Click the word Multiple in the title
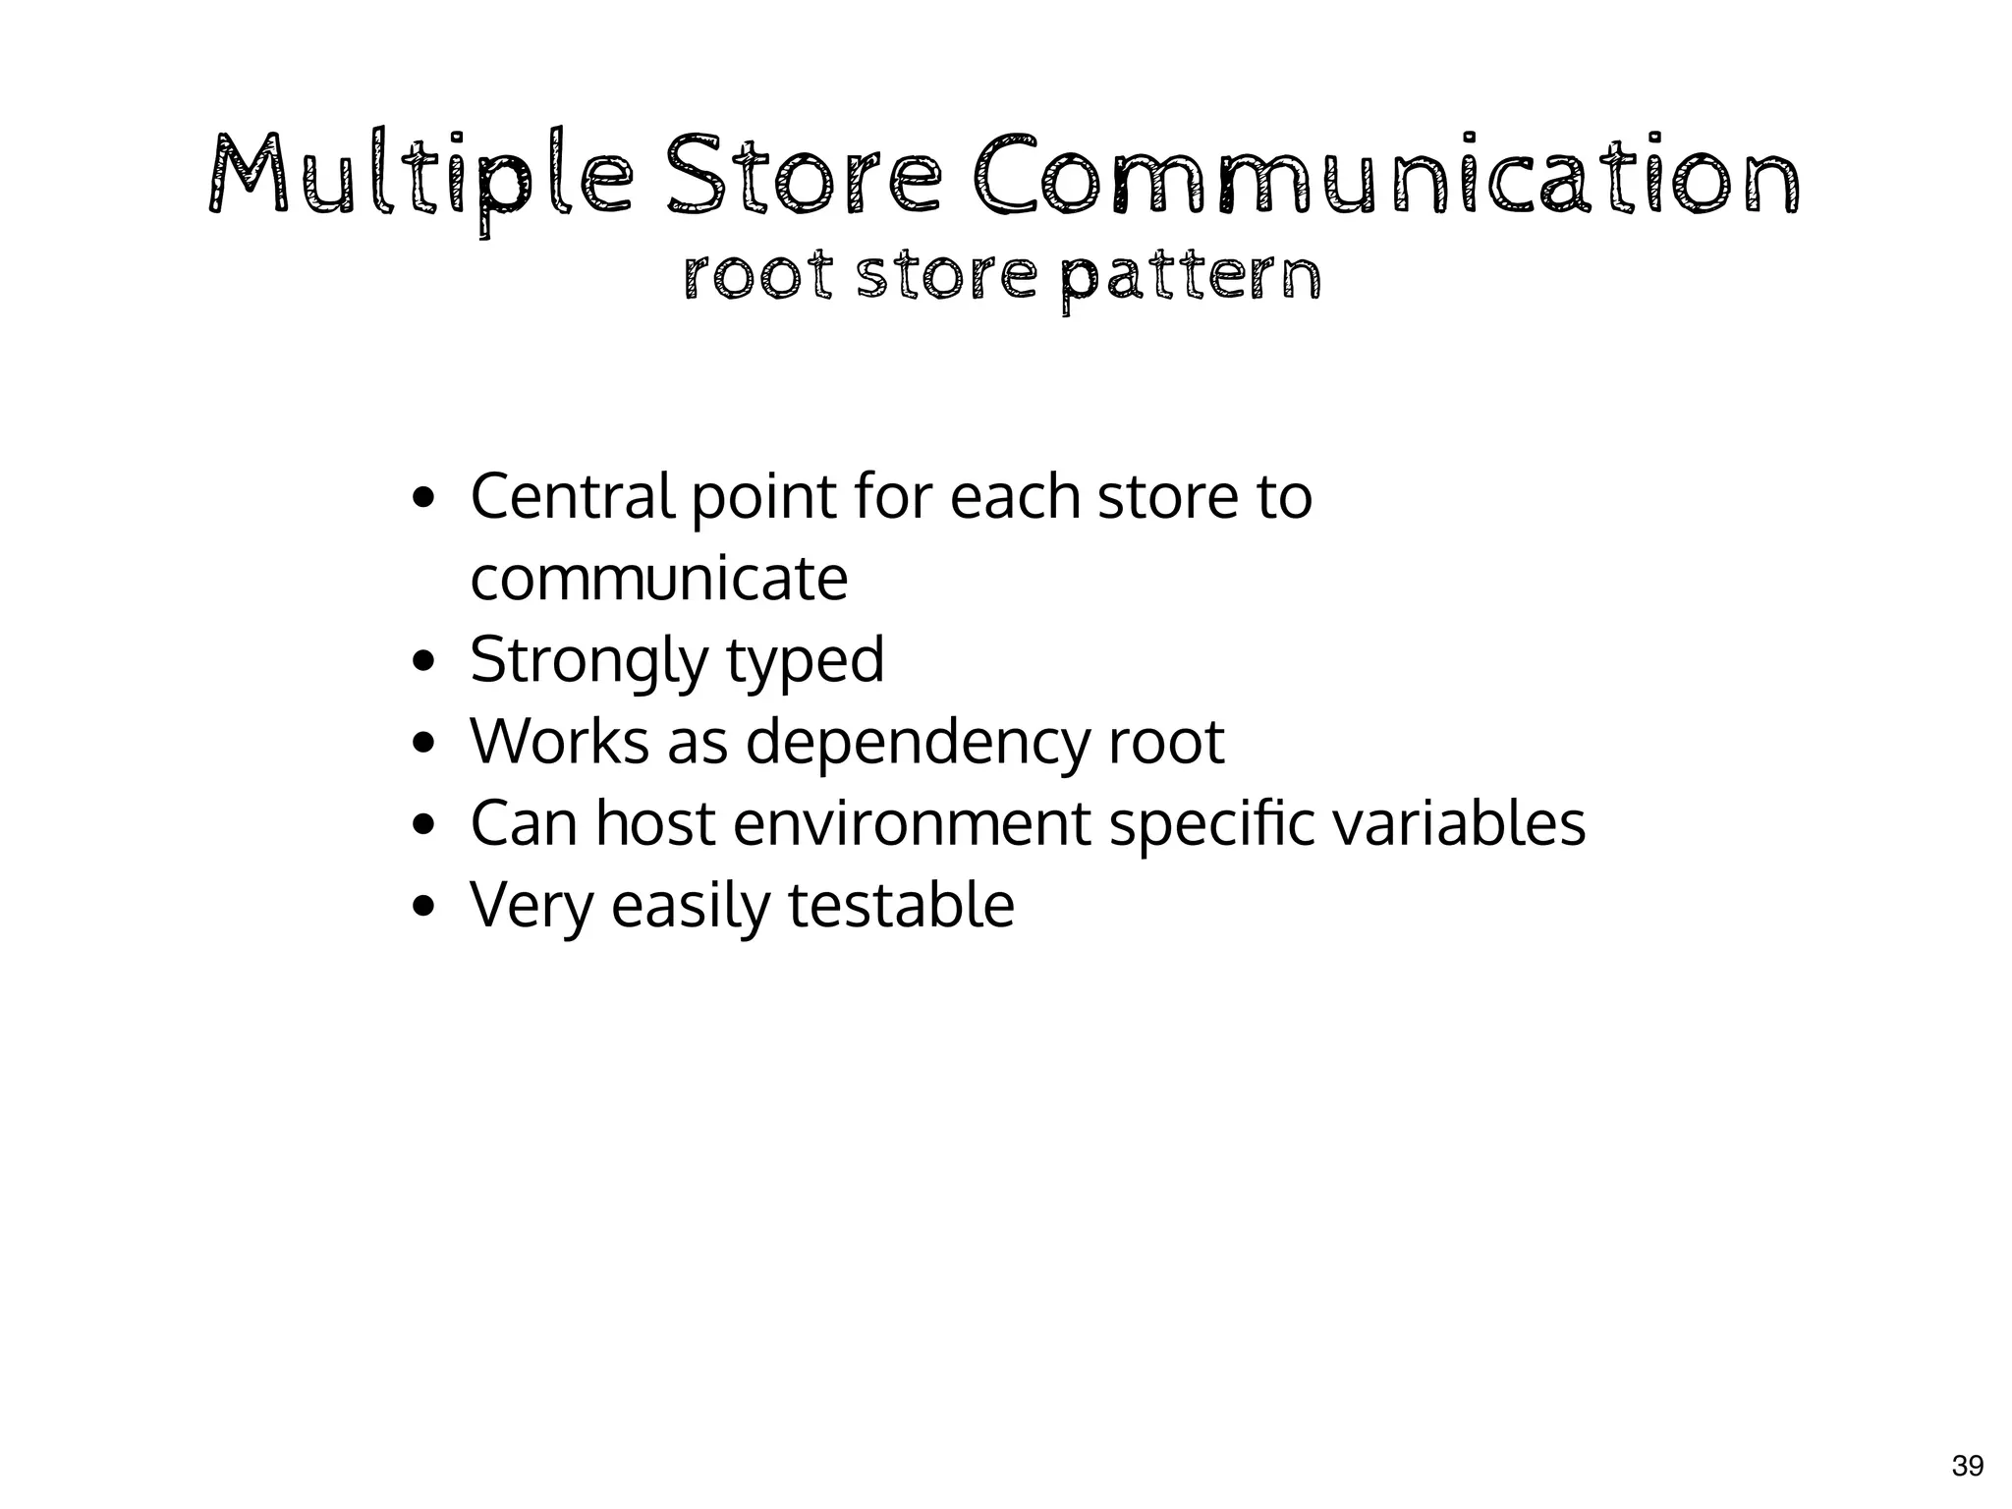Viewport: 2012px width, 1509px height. pyautogui.click(x=420, y=177)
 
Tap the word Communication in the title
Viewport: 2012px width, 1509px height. pyautogui.click(x=1385, y=177)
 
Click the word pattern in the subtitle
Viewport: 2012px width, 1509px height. pyautogui.click(x=1191, y=277)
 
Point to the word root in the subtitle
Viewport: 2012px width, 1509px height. pyautogui.click(x=757, y=277)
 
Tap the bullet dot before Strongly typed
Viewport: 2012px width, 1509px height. pyautogui.click(x=423, y=661)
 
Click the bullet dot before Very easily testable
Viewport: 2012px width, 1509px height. pyautogui.click(x=423, y=906)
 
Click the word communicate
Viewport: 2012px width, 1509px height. pyautogui.click(x=658, y=579)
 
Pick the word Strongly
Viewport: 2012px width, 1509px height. pyautogui.click(x=587, y=660)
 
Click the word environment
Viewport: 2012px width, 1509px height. pyautogui.click(x=912, y=823)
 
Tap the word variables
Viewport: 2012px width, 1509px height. pyautogui.click(x=1458, y=823)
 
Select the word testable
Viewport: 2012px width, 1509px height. pyautogui.click(x=901, y=905)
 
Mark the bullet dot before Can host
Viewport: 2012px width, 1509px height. pyautogui.click(x=423, y=824)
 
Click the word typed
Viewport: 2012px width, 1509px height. pyautogui.click(x=805, y=660)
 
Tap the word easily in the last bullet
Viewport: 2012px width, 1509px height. pyautogui.click(x=691, y=905)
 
